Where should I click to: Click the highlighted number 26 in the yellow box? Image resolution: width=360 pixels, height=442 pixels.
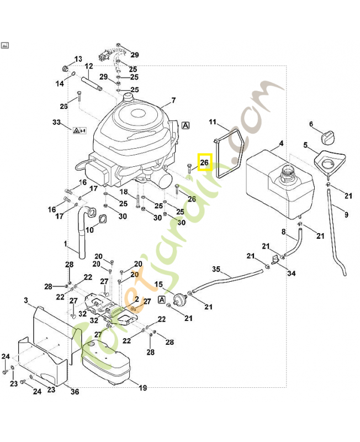(205, 162)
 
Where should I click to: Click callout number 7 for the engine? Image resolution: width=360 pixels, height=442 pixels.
(173, 101)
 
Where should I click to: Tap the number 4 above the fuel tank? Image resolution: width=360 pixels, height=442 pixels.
(281, 144)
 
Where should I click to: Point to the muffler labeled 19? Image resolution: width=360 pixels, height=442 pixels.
(110, 362)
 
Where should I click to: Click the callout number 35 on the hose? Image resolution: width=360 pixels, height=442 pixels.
(216, 269)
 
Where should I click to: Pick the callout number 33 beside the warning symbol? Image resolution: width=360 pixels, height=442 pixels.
(56, 122)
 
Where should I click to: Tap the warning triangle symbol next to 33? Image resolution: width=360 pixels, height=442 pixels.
(76, 131)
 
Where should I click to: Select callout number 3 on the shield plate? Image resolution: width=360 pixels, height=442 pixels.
(26, 300)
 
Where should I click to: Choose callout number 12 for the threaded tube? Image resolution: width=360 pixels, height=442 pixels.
(88, 66)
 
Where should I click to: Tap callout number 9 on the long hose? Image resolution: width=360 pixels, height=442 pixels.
(346, 215)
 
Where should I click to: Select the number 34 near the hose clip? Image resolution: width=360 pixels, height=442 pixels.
(291, 273)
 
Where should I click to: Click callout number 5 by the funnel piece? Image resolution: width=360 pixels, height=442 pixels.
(305, 145)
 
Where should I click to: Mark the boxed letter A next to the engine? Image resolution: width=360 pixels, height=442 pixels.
(186, 125)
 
